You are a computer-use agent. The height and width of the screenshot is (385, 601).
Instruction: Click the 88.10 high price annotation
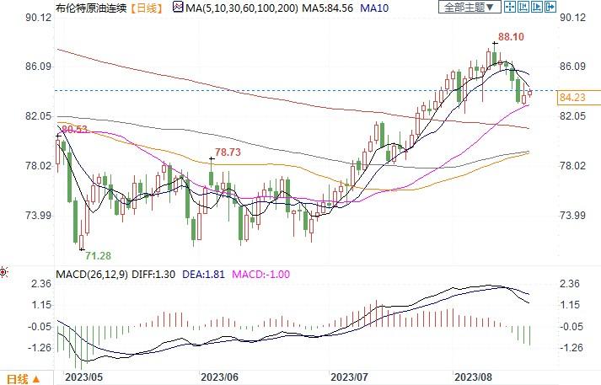pyautogui.click(x=511, y=37)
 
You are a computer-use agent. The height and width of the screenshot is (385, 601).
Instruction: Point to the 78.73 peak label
pyautogui.click(x=228, y=152)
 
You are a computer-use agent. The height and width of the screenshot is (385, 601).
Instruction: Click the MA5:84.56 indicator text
pyautogui.click(x=311, y=7)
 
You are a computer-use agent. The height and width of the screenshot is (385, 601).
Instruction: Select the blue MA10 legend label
pyautogui.click(x=361, y=7)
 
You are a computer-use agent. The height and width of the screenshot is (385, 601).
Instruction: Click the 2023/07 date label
pyautogui.click(x=351, y=377)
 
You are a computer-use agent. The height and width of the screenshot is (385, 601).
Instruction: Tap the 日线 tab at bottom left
pyautogui.click(x=18, y=377)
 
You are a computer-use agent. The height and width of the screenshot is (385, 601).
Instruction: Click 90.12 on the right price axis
pyautogui.click(x=573, y=18)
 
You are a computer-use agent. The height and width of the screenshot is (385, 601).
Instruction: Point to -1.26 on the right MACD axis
pyautogui.click(x=573, y=347)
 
